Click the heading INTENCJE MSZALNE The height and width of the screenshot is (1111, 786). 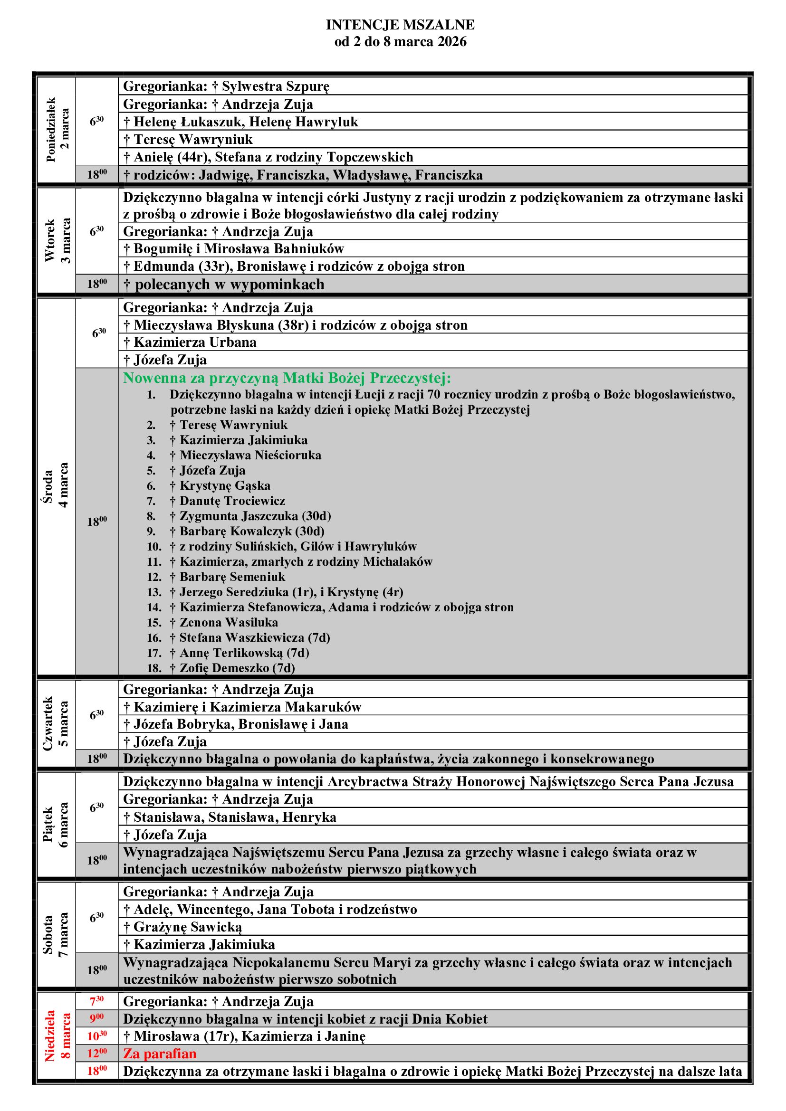(400, 25)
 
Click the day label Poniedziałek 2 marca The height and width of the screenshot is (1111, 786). (58, 130)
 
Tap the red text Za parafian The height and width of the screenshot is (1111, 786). (160, 1054)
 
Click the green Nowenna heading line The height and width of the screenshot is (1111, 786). (287, 378)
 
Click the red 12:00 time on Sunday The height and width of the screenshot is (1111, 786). (97, 1053)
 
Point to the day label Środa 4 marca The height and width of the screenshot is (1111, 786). (58, 485)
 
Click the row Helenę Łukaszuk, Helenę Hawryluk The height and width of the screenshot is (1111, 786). (240, 122)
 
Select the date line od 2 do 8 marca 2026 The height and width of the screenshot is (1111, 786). (400, 42)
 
